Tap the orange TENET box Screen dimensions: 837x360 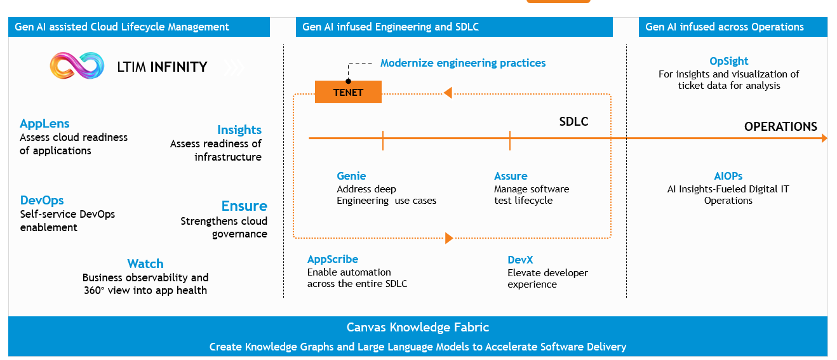click(x=348, y=92)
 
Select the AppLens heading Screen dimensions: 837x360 click(x=44, y=124)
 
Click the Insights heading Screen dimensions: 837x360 click(x=239, y=130)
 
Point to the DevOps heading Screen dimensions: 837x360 click(x=42, y=201)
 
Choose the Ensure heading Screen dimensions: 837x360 click(x=244, y=206)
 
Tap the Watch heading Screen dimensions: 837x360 click(x=145, y=264)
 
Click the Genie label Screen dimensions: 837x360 click(x=351, y=176)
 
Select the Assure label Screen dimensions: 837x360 click(x=511, y=176)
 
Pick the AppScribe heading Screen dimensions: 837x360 click(x=333, y=259)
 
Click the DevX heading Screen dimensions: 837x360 click(x=520, y=260)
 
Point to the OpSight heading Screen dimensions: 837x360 click(x=728, y=61)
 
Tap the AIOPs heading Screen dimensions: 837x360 click(x=728, y=176)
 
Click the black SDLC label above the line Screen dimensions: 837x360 click(x=573, y=122)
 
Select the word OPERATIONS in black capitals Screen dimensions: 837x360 click(x=780, y=126)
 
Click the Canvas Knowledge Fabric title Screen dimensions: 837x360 click(x=418, y=328)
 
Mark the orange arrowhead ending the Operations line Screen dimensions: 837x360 click(x=824, y=138)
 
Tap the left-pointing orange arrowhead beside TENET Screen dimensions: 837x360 click(x=448, y=93)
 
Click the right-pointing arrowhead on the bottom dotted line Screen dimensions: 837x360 click(x=449, y=238)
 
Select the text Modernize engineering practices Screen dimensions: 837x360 click(x=463, y=63)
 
